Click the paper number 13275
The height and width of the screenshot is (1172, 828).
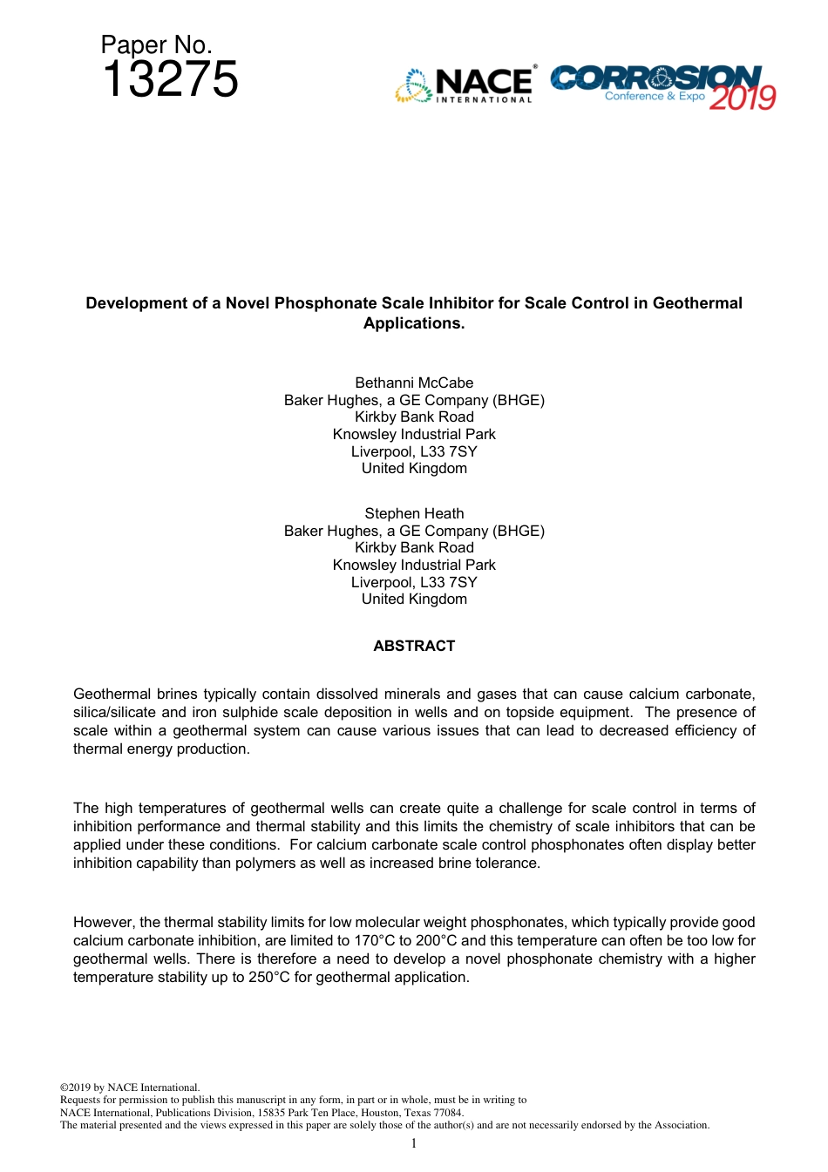tap(170, 79)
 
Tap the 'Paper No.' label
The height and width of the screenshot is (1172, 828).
tap(156, 44)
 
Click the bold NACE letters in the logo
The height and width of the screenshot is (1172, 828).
tap(484, 82)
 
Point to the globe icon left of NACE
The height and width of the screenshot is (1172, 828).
tap(414, 85)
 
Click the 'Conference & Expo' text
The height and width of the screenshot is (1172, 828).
tap(655, 96)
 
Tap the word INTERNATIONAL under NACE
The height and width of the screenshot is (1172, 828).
tap(484, 100)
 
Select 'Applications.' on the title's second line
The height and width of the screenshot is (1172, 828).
tap(414, 323)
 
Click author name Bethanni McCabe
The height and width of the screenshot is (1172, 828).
tap(414, 383)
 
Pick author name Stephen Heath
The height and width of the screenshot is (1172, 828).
tap(414, 513)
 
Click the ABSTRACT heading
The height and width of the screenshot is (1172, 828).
tap(414, 646)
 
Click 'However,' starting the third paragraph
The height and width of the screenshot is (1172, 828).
tap(104, 922)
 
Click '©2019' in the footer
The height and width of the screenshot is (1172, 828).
tap(75, 1087)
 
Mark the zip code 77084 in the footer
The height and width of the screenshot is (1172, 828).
tap(449, 1112)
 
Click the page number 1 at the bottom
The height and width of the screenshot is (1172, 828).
tap(414, 1143)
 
